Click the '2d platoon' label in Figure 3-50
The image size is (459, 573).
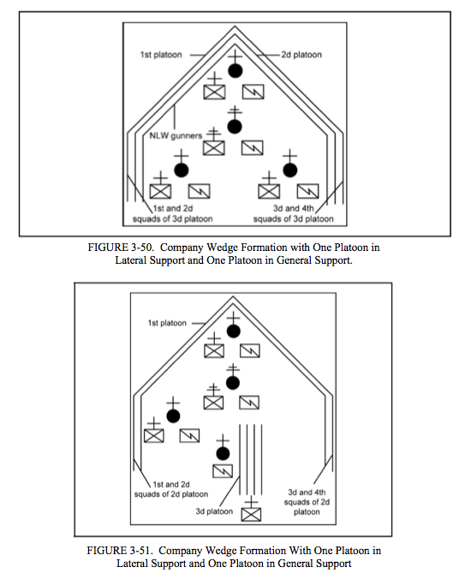coord(301,55)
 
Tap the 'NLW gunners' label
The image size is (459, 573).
coord(176,135)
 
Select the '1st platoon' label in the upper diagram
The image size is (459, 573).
coord(161,55)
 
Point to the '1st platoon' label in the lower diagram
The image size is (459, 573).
coord(167,323)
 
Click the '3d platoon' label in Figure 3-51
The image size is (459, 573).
coord(214,511)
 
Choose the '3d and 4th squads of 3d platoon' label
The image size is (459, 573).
coord(294,213)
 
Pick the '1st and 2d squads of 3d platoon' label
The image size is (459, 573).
coord(172,213)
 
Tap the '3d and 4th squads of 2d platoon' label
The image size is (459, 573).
coord(307,502)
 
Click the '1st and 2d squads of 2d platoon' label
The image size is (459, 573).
coord(171,489)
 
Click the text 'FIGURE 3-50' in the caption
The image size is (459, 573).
coord(120,248)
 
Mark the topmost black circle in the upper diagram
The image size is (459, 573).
coord(235,70)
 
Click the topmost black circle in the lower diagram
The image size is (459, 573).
coord(234,331)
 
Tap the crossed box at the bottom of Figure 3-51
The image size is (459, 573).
coord(252,515)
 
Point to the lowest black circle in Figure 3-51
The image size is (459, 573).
coord(223,453)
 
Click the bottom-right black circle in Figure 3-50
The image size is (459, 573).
coord(290,170)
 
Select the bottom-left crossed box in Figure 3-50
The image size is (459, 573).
coord(160,192)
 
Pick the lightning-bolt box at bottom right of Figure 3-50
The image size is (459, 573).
coord(307,191)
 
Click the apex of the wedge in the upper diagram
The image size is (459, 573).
coord(235,27)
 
